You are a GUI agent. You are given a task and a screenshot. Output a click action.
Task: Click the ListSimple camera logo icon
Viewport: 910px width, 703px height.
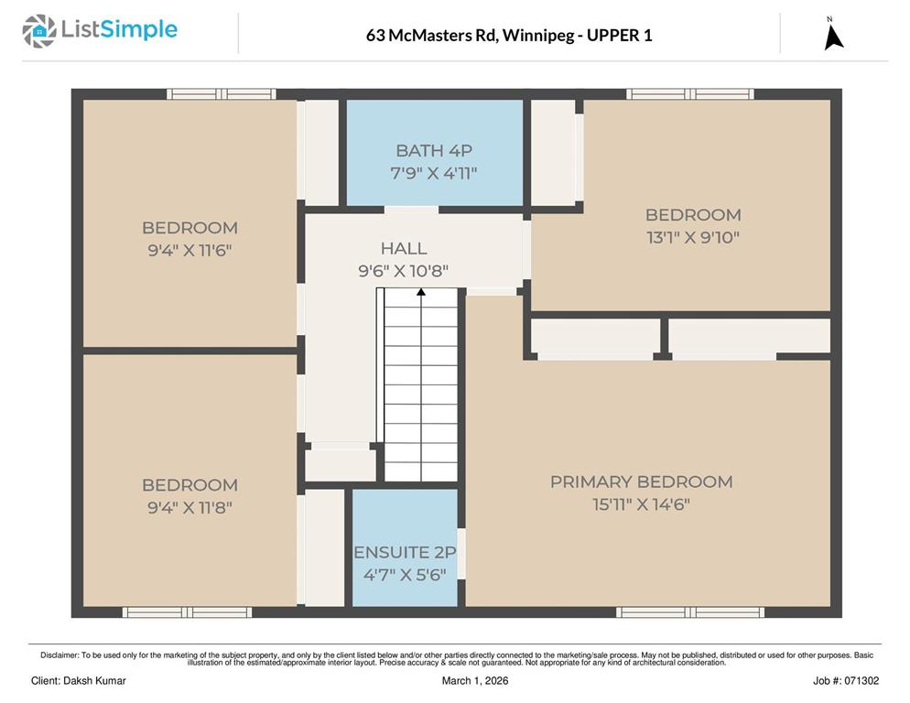tap(38, 31)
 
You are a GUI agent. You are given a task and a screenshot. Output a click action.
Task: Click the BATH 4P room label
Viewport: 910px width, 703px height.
tap(434, 150)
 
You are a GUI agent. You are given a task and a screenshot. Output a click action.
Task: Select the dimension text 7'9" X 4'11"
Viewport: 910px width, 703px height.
tap(434, 173)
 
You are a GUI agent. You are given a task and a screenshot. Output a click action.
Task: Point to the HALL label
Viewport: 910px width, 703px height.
tap(404, 248)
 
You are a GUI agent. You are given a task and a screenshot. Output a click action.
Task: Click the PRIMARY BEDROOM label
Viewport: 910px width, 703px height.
tap(641, 481)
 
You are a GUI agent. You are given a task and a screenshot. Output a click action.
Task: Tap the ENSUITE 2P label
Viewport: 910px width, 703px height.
tap(405, 553)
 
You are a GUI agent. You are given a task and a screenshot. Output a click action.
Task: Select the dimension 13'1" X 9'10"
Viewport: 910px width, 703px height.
tap(693, 237)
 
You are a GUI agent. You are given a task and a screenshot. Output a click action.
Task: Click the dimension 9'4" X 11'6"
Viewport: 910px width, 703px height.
tap(190, 250)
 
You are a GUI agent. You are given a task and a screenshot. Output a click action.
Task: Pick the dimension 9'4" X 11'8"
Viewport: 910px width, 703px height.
tap(190, 507)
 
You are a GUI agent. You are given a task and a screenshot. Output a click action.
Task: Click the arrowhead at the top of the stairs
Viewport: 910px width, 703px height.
tap(421, 292)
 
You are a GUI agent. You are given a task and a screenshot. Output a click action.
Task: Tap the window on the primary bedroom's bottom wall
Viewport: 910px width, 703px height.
tap(690, 611)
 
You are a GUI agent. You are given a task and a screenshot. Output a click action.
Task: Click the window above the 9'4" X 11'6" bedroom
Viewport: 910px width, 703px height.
tap(222, 94)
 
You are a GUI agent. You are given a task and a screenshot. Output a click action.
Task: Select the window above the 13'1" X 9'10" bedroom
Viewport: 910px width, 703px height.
tap(690, 94)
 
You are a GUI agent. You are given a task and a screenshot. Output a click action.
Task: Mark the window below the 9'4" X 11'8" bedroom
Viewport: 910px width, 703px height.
tap(187, 611)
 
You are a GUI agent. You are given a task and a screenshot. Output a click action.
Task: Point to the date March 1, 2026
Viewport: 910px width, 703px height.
tap(475, 681)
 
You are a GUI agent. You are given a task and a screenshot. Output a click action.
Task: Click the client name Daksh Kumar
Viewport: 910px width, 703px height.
tap(94, 681)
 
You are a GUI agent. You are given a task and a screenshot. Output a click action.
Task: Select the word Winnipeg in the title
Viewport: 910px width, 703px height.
tap(536, 36)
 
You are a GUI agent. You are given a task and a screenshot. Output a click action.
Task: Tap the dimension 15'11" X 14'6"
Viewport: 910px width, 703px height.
tap(641, 504)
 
